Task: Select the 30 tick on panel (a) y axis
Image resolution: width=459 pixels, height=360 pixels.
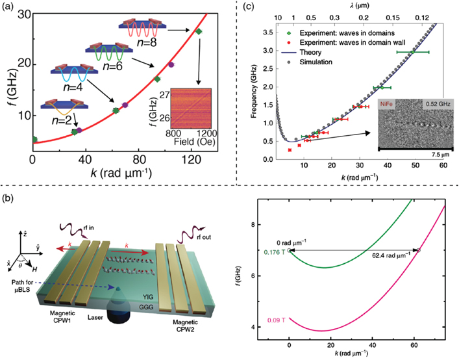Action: (x=21, y=12)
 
